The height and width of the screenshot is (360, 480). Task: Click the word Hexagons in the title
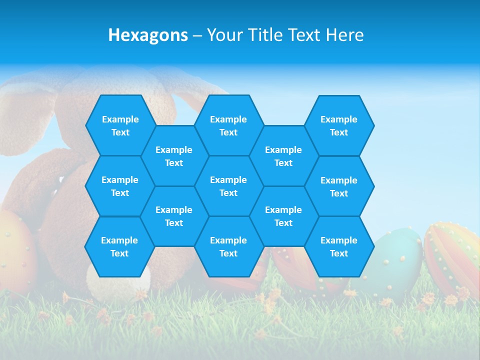(148, 35)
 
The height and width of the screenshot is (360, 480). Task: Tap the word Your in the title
(222, 35)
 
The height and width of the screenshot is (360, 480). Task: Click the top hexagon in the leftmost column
(120, 125)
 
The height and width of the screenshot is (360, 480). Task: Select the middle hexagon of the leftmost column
(120, 186)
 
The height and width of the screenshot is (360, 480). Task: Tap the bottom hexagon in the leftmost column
(119, 246)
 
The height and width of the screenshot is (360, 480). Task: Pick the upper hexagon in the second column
(174, 156)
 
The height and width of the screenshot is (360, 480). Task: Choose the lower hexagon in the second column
(174, 216)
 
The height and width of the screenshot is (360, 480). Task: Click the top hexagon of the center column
(228, 125)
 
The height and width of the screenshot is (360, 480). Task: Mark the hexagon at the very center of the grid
(228, 186)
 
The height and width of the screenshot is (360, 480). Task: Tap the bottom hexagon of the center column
(228, 246)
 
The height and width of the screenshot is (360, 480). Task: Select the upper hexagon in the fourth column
(283, 156)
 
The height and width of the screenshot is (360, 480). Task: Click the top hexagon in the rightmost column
(339, 125)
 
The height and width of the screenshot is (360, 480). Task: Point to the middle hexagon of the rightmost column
(339, 186)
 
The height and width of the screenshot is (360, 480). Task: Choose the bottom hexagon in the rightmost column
(339, 246)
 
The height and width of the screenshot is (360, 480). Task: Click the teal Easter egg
(397, 260)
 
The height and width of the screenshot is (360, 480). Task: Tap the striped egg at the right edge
(452, 257)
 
